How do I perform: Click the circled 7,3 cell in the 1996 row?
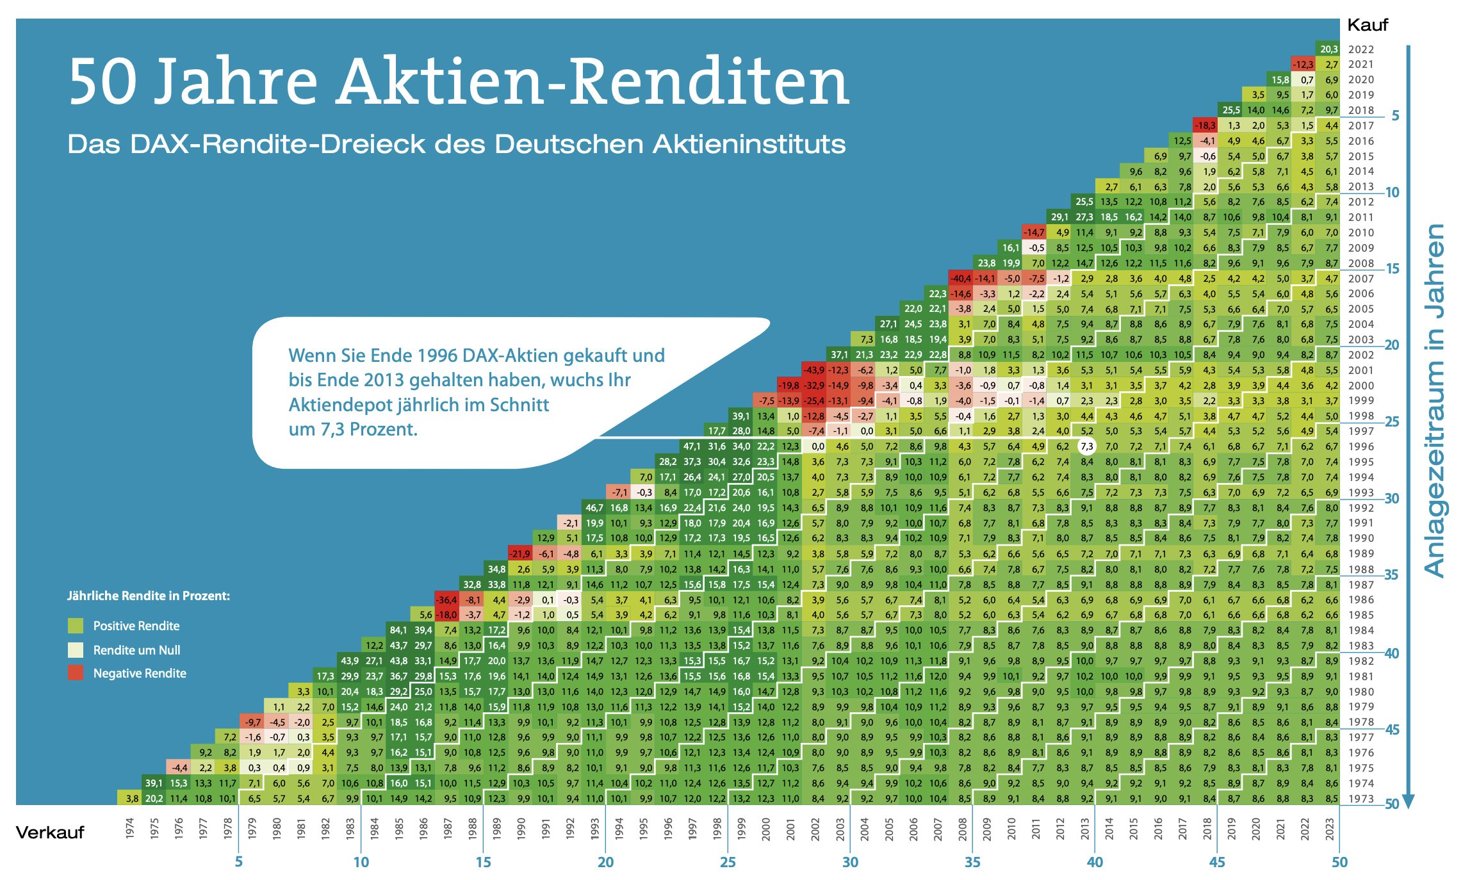pyautogui.click(x=1086, y=446)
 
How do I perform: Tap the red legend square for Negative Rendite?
pyautogui.click(x=76, y=672)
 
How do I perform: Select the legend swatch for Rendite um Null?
pyautogui.click(x=76, y=649)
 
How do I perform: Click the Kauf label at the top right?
pyautogui.click(x=1367, y=25)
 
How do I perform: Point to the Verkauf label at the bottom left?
pyautogui.click(x=50, y=832)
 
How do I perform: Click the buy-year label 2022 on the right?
pyautogui.click(x=1361, y=49)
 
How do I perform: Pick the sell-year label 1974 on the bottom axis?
pyautogui.click(x=130, y=827)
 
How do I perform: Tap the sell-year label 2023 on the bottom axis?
pyautogui.click(x=1330, y=827)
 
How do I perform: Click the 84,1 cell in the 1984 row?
pyautogui.click(x=398, y=630)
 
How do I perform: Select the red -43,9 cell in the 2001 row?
pyautogui.click(x=813, y=370)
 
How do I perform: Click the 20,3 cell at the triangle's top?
pyautogui.click(x=1329, y=49)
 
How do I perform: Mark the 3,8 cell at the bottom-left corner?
pyautogui.click(x=131, y=799)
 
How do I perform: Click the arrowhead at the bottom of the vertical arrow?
pyautogui.click(x=1408, y=801)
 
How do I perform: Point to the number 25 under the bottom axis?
pyautogui.click(x=728, y=862)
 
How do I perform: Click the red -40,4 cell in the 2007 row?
pyautogui.click(x=960, y=279)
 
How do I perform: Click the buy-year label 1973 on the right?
pyautogui.click(x=1361, y=799)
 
